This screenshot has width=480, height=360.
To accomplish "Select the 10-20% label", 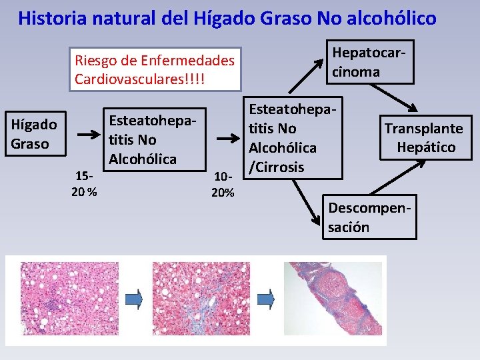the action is click(222, 185).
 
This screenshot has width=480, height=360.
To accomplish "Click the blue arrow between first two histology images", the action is click(135, 299).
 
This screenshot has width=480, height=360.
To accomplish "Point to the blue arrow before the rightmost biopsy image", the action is click(266, 299).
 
